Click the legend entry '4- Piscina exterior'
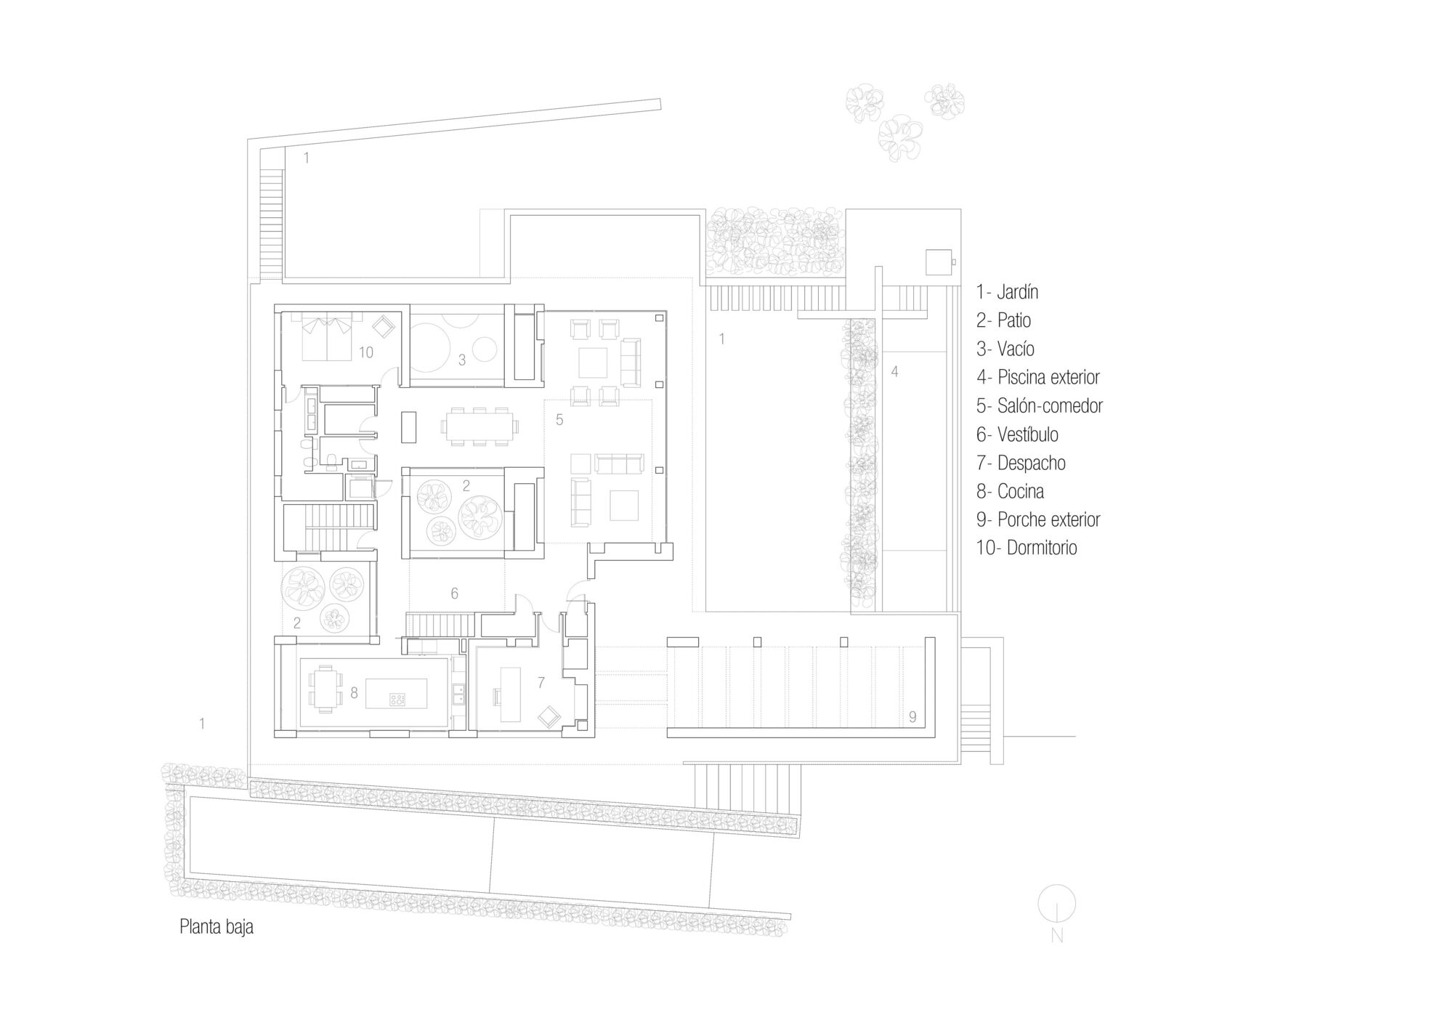click(x=1037, y=377)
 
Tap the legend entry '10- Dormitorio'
click(x=1026, y=548)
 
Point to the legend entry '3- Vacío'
click(x=1005, y=349)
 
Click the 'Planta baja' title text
click(x=216, y=927)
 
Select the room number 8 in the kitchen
click(x=354, y=693)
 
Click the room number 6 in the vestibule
click(x=454, y=594)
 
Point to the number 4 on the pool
click(x=894, y=371)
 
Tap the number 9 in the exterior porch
click(x=912, y=717)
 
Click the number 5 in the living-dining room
click(x=559, y=419)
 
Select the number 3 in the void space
click(x=461, y=360)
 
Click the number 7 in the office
click(x=541, y=683)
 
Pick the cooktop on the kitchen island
click(x=398, y=700)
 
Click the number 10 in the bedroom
click(x=365, y=352)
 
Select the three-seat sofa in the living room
click(x=619, y=462)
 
